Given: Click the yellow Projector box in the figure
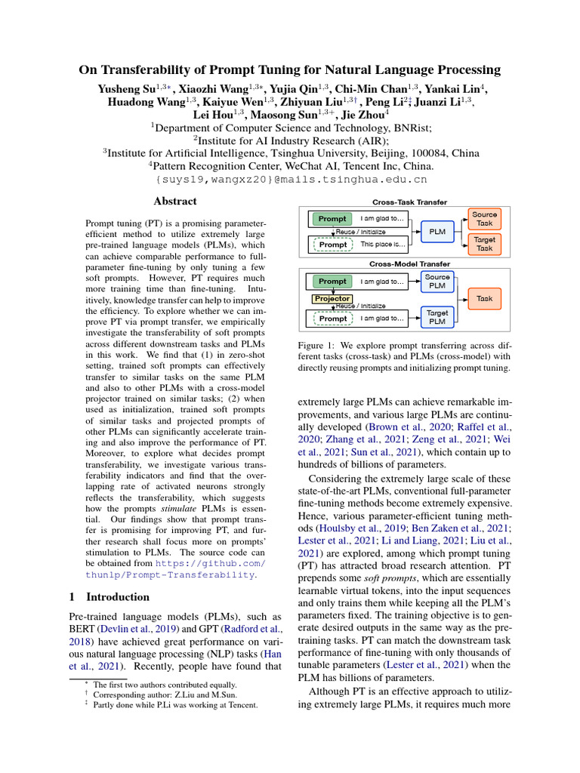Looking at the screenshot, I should click(x=332, y=299).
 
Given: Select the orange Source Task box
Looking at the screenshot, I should click(x=484, y=219).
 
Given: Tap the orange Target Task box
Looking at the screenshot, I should click(x=484, y=243).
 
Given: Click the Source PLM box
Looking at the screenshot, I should click(x=437, y=282).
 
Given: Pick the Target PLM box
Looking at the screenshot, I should click(x=437, y=317).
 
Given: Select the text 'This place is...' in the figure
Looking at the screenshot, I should click(x=383, y=245).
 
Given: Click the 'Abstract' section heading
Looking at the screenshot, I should click(x=175, y=202).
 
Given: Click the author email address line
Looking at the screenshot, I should click(x=291, y=180).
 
